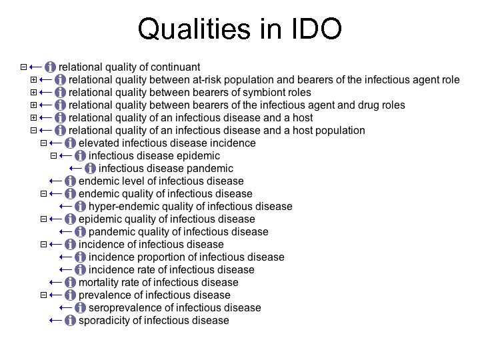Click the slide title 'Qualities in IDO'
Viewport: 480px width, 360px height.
(x=239, y=29)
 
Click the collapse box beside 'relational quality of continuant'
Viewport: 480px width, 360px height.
(x=24, y=67)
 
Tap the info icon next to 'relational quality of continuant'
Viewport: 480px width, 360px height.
(x=51, y=67)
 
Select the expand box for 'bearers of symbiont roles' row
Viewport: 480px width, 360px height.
(x=34, y=93)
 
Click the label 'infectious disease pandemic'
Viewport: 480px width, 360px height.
(x=166, y=169)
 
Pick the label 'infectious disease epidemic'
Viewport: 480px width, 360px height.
(x=154, y=156)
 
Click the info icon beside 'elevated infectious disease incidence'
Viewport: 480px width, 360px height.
(x=70, y=143)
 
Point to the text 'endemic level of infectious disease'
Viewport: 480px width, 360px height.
(x=161, y=181)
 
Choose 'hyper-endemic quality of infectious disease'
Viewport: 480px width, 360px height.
(x=190, y=207)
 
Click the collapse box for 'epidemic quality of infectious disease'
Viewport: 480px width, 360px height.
(x=43, y=219)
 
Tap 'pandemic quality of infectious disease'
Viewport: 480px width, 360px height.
(x=178, y=232)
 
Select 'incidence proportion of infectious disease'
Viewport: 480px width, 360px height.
(x=186, y=257)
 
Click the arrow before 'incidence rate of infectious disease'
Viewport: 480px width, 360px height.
(x=65, y=270)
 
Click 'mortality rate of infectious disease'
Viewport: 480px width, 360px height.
(x=158, y=283)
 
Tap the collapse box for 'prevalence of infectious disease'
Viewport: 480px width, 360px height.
(x=43, y=295)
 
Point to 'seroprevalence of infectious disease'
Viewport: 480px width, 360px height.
(x=175, y=308)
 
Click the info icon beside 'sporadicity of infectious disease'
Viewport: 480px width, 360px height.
(x=70, y=321)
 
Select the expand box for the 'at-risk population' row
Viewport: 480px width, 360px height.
(x=34, y=80)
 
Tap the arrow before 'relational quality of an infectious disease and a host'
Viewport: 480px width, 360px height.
(x=45, y=118)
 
